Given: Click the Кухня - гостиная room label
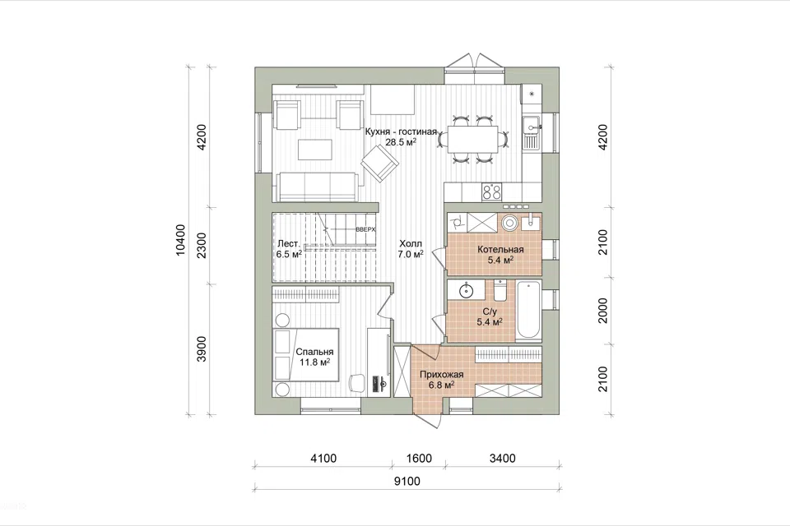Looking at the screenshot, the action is [401, 131].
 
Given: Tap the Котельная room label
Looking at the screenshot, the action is [500, 249].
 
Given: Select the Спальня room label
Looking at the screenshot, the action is [314, 352].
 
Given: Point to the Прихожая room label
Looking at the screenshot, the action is [441, 375].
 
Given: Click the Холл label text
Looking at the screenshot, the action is [411, 243].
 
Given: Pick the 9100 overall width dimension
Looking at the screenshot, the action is [407, 481].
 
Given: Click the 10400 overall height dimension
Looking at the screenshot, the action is [181, 240].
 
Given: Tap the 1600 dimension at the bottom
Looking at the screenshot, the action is [419, 458].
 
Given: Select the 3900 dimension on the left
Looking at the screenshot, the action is [202, 348].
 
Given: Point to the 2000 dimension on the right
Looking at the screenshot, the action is [603, 310].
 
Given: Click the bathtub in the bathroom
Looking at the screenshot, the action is [528, 311].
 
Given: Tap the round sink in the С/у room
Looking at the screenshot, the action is [467, 290].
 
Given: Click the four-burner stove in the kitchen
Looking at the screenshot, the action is [492, 191].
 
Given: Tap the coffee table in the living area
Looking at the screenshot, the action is [315, 150].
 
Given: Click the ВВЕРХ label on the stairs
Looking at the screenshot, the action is [365, 229].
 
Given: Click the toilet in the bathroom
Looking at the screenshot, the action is [500, 290].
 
